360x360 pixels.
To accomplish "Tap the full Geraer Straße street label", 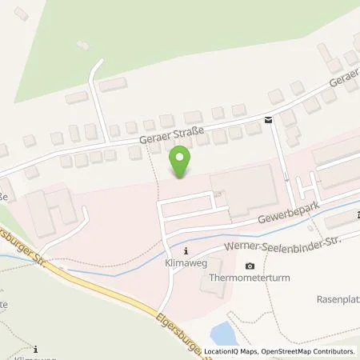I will pyautogui.click(x=171, y=132).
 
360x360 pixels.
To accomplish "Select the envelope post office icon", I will pyautogui.click(x=268, y=120).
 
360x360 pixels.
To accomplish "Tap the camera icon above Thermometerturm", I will pyautogui.click(x=250, y=266).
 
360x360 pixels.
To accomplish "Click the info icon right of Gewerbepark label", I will pyautogui.click(x=357, y=214).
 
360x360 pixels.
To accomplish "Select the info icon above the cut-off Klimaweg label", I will pyautogui.click(x=37, y=348).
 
